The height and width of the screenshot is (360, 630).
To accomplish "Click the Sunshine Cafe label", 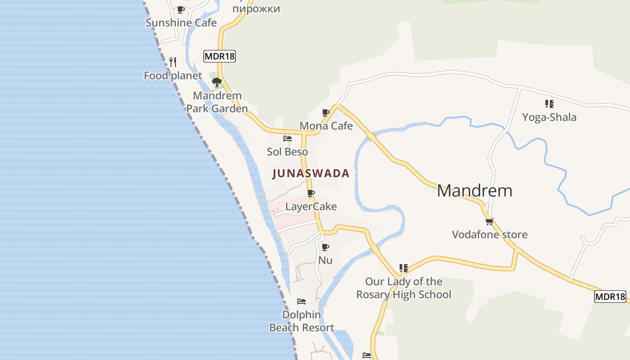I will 181,23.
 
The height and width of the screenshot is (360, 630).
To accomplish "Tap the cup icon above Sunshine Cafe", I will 181,9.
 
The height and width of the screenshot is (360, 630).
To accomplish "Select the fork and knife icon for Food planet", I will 173,62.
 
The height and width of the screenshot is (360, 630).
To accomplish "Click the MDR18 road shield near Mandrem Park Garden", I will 220,56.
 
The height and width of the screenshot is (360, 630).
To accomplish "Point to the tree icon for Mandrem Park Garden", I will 217,82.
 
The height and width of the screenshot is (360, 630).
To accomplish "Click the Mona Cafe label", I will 326,126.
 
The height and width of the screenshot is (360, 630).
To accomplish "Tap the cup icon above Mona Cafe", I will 326,112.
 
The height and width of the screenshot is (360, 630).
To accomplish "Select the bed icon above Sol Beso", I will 288,139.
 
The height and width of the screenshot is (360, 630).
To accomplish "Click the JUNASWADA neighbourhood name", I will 311,174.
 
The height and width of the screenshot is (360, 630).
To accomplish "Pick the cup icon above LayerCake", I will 311,193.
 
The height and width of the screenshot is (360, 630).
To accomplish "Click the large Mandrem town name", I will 474,191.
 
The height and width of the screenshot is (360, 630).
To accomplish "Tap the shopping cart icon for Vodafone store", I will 490,221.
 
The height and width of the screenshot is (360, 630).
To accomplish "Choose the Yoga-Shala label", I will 549,117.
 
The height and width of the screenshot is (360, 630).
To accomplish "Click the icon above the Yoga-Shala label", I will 549,104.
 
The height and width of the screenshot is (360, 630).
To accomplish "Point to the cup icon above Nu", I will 325,247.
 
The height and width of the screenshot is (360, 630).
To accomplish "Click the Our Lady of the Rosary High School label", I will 404,288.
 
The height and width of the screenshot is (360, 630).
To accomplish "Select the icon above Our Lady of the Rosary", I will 404,268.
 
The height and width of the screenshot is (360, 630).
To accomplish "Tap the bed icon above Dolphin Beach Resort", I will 301,301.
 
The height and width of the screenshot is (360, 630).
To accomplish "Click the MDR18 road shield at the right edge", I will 610,297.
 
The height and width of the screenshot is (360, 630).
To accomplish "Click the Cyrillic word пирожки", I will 256,9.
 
